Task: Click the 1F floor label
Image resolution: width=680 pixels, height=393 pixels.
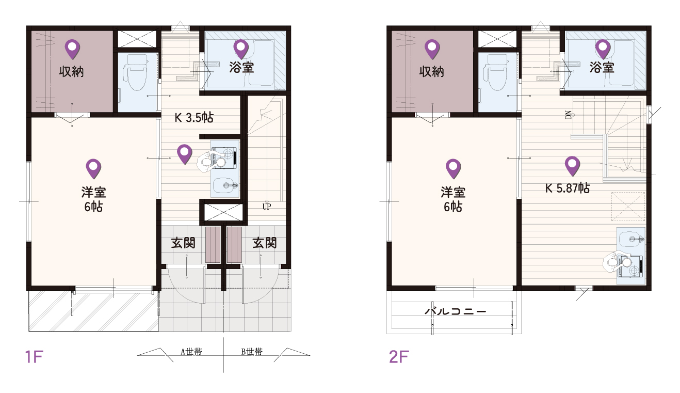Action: (x=34, y=357)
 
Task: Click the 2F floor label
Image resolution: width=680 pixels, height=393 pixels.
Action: (x=399, y=357)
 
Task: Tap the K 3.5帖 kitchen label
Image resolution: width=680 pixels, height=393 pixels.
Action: (x=194, y=118)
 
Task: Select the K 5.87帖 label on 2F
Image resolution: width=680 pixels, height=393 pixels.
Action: (x=568, y=188)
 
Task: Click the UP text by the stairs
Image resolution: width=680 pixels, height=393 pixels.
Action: (x=267, y=207)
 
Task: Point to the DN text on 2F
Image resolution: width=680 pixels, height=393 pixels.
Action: (x=569, y=115)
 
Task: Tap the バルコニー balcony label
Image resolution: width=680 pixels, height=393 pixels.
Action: (x=456, y=311)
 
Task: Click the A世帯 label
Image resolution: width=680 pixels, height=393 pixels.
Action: (x=191, y=352)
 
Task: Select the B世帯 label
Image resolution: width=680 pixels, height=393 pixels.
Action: (x=252, y=352)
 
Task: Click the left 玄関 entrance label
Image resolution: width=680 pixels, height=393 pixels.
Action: (x=183, y=243)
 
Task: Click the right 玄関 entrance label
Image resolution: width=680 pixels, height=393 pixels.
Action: (x=264, y=243)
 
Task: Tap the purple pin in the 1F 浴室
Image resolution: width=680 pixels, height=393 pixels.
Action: (x=241, y=49)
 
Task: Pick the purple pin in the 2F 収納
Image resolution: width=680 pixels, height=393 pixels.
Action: (x=432, y=49)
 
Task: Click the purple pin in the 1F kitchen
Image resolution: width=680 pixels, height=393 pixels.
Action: (x=185, y=154)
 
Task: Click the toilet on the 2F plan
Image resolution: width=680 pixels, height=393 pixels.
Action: (x=495, y=73)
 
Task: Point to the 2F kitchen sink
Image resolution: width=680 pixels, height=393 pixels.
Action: (x=631, y=239)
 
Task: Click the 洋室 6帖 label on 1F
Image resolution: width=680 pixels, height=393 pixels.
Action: (x=93, y=199)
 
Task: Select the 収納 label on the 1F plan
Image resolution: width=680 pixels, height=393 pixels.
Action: (x=72, y=72)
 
